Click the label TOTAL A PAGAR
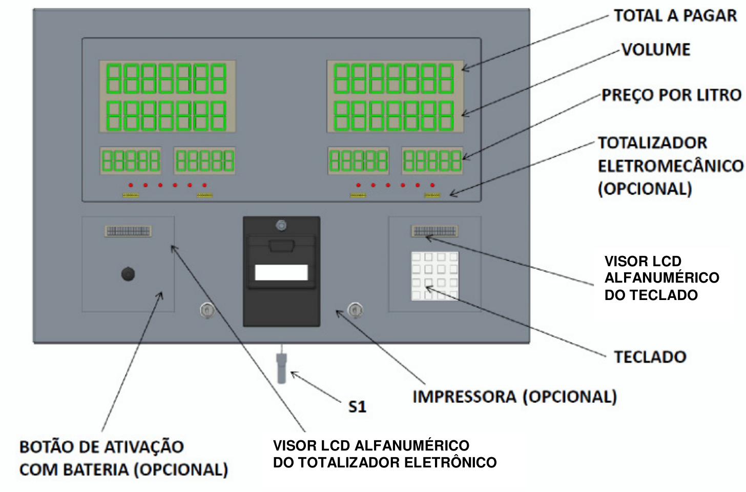675,16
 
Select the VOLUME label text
656,50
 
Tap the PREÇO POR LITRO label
671,95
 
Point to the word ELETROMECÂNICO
670,166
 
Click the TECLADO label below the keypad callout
650,357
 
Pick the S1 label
357,407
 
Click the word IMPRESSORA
464,397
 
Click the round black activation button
128,274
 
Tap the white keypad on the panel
434,276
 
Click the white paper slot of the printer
281,272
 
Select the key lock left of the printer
207,311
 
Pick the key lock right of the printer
355,310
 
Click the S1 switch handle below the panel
281,368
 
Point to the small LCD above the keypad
434,231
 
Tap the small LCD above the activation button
128,231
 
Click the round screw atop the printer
281,226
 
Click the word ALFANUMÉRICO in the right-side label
662,277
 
